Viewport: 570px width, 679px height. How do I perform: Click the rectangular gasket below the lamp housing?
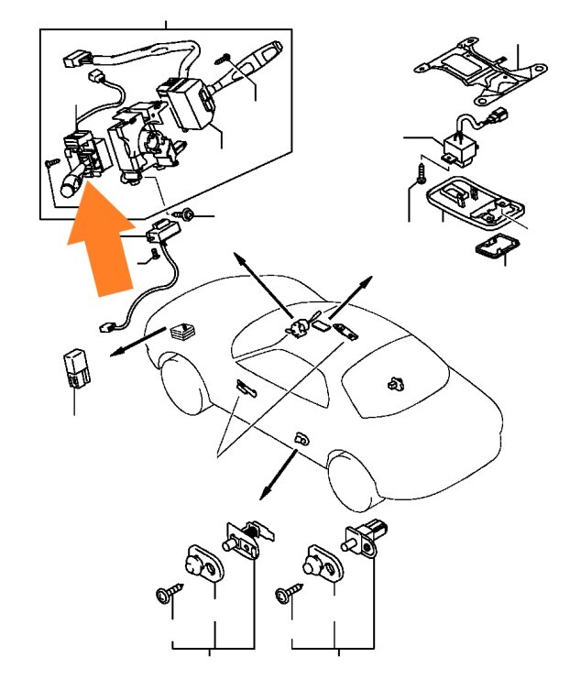pyautogui.click(x=495, y=246)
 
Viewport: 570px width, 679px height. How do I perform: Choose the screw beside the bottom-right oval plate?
pyautogui.click(x=288, y=597)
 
